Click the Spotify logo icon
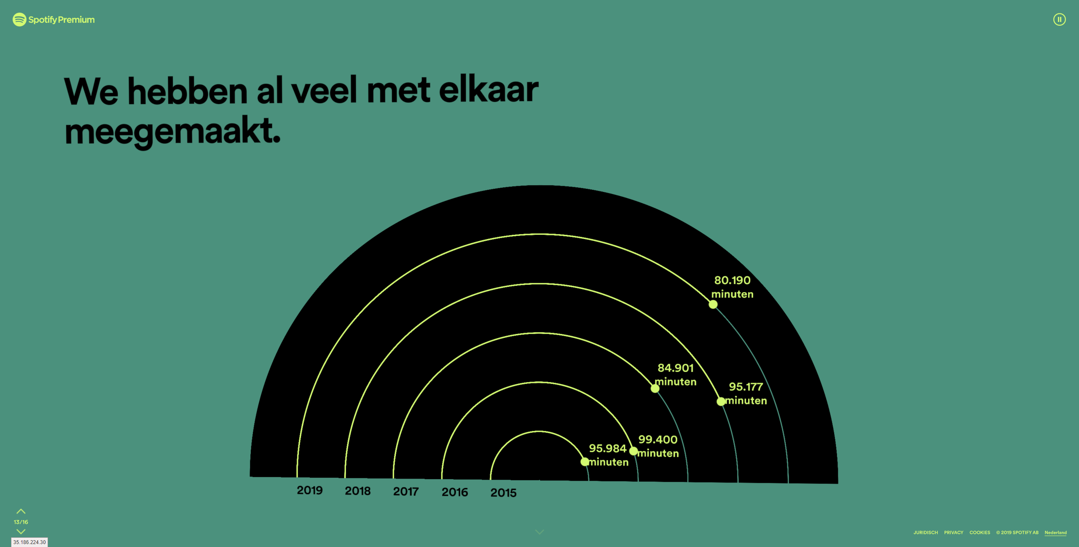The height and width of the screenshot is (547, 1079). click(x=19, y=19)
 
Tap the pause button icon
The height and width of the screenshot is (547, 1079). click(x=1059, y=19)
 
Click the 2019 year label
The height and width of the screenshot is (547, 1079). click(x=310, y=490)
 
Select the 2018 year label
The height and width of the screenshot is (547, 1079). click(x=358, y=491)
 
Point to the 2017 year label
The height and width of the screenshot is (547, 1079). click(x=406, y=491)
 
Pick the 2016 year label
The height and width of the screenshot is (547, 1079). click(x=455, y=492)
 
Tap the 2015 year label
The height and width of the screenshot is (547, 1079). click(x=503, y=493)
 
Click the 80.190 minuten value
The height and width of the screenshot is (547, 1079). click(x=733, y=287)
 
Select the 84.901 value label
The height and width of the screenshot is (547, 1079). click(x=676, y=368)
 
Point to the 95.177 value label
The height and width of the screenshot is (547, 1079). click(x=746, y=387)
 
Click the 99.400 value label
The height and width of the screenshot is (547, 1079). click(x=658, y=439)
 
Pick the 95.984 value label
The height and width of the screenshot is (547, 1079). click(x=608, y=448)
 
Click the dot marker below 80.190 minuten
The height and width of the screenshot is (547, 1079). click(x=713, y=304)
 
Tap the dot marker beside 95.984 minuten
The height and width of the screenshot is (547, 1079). click(x=585, y=462)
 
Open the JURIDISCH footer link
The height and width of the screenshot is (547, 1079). click(x=926, y=533)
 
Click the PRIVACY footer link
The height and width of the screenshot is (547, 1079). click(x=954, y=533)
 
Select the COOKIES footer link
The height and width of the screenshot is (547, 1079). click(x=980, y=533)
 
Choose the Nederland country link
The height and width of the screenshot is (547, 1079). click(x=1056, y=533)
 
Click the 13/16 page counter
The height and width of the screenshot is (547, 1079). click(x=21, y=522)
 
